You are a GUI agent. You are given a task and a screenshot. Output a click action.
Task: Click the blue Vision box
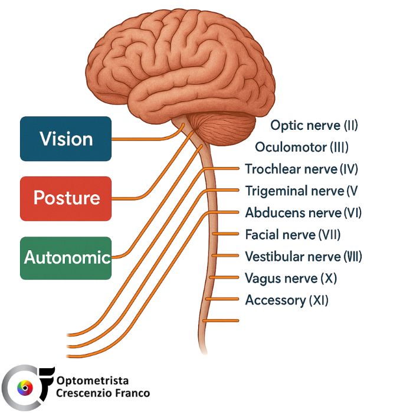(x=65, y=139)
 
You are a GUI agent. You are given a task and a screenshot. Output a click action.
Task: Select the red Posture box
(x=65, y=198)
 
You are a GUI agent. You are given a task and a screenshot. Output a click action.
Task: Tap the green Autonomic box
(x=65, y=258)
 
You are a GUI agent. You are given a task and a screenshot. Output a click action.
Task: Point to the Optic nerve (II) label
(x=314, y=125)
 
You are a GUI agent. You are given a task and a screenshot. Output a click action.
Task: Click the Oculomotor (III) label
(x=301, y=147)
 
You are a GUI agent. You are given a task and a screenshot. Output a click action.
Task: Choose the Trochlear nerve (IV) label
(x=301, y=169)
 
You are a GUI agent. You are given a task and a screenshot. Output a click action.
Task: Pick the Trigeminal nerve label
(x=301, y=191)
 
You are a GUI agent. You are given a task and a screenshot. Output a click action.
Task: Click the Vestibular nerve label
(x=303, y=257)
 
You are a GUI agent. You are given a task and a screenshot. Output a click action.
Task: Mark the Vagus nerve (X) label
(x=291, y=278)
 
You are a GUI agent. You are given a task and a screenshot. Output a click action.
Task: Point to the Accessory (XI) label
(x=287, y=300)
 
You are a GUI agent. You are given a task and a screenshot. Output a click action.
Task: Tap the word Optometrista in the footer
(x=93, y=381)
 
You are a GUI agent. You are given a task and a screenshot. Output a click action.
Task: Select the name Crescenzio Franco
(x=103, y=393)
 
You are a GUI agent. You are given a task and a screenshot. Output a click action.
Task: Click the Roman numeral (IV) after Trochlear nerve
(x=349, y=169)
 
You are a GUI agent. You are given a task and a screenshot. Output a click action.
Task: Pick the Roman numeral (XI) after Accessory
(x=319, y=300)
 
